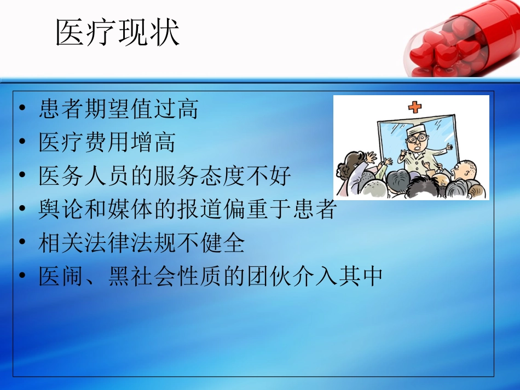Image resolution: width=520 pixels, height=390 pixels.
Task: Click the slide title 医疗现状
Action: [118, 33]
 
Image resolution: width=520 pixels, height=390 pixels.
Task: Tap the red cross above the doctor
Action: [415, 106]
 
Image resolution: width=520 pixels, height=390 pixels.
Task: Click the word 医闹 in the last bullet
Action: [61, 277]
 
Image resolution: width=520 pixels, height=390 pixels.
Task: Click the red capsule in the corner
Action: [463, 41]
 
